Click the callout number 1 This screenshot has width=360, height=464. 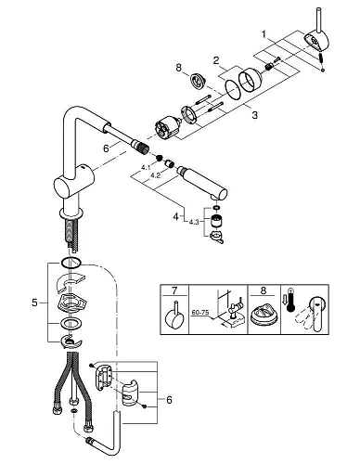(266, 33)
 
